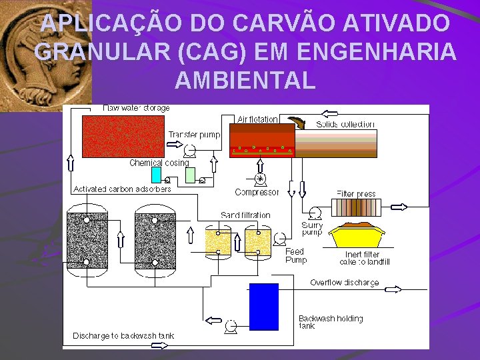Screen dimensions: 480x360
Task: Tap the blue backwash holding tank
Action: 263,307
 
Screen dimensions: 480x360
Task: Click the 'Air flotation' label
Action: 257,119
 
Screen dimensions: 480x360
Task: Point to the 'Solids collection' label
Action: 345,124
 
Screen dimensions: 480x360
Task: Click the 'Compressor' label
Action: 257,193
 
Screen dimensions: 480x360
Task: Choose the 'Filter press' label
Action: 356,194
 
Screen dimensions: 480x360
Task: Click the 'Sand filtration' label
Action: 245,215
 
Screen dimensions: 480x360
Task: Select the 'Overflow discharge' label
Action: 344,283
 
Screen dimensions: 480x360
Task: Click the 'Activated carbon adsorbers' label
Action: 122,189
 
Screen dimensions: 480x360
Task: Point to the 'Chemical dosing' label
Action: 159,163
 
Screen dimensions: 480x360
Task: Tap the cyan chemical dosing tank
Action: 157,175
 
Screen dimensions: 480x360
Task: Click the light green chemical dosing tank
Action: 191,175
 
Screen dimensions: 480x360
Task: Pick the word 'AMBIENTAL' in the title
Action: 245,80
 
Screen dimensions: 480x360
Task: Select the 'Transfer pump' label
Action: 194,135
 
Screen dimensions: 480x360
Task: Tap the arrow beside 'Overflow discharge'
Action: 393,289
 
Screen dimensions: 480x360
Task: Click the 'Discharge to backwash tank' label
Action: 123,335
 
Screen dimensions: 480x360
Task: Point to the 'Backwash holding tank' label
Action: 330,322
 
